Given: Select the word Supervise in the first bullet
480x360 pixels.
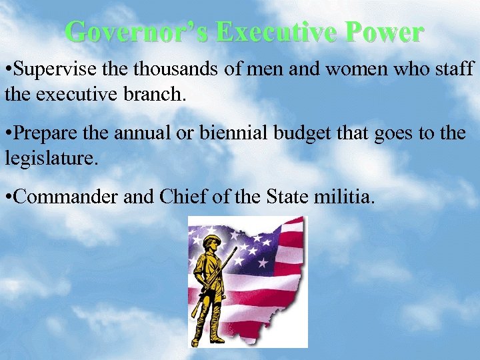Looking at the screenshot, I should point(51,69).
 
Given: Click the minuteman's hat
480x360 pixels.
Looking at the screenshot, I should point(212,240).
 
